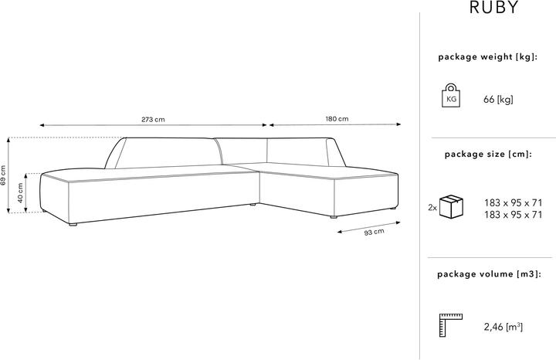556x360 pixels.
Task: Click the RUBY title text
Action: coord(494,8)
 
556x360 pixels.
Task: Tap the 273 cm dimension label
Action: coord(153,120)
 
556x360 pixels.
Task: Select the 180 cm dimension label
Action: coord(337,119)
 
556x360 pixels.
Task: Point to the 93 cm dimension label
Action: coord(374,233)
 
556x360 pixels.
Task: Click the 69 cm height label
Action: coord(3,175)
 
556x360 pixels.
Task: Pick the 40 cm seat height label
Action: coord(20,193)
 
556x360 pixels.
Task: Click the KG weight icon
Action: coord(451,95)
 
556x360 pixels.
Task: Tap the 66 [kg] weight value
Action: coord(498,100)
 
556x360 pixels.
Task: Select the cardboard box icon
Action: coord(451,206)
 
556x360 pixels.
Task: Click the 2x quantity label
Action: coord(432,208)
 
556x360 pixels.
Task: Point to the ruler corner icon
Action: coord(451,325)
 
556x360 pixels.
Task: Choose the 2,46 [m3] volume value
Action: coord(503,326)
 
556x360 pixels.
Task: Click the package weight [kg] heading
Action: coord(487,56)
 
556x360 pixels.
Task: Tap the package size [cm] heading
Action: coord(488,155)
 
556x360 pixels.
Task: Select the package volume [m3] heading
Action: coord(489,273)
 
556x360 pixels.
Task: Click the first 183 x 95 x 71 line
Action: coord(514,203)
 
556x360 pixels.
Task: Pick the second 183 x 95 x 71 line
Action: coord(514,215)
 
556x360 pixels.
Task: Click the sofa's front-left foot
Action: coord(73,224)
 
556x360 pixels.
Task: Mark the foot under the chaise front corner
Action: coord(333,216)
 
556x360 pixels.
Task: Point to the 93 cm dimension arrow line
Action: coord(369,227)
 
